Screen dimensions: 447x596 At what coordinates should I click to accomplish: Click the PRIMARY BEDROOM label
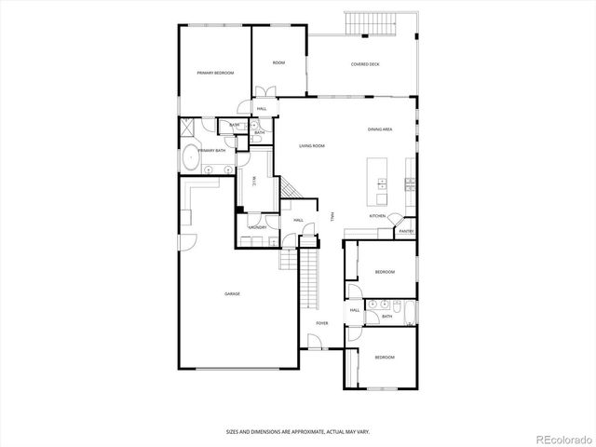coord(214,73)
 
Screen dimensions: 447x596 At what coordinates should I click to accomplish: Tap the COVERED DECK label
coord(365,64)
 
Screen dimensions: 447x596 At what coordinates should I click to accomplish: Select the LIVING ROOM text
coord(311,146)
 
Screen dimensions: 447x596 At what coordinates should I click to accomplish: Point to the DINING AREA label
coord(379,129)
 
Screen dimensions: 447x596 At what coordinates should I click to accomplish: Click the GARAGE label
coord(232,294)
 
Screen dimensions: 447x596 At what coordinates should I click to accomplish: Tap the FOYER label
coord(322,323)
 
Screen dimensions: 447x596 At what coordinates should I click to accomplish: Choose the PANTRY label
coord(406,231)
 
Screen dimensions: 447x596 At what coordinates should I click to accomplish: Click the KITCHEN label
coord(377,215)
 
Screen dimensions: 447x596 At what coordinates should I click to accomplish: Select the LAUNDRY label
coord(258,227)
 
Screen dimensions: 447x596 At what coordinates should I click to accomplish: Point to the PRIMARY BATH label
coord(211,150)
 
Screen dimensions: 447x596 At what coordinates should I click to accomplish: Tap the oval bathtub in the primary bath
coord(190,157)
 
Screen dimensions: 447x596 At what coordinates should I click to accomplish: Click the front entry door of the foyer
coord(315,349)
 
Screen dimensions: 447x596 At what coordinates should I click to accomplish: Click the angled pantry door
coord(392,222)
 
